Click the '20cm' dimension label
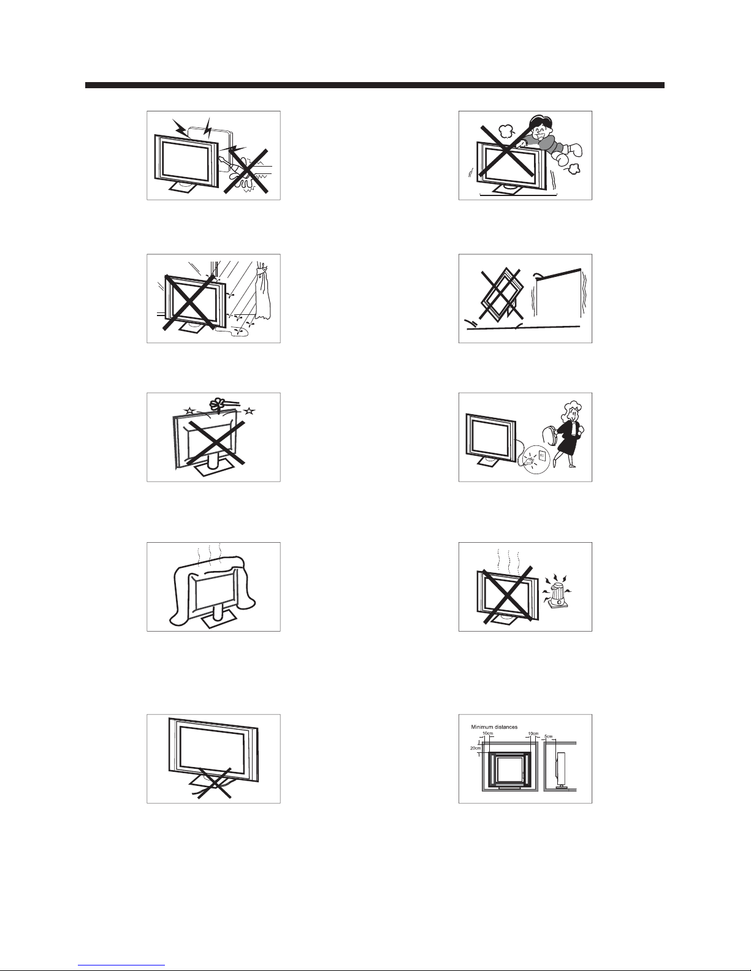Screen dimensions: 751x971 click(x=475, y=748)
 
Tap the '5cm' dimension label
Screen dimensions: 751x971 click(x=549, y=736)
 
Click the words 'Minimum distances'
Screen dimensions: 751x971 click(x=494, y=727)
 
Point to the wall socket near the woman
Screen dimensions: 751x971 click(x=541, y=456)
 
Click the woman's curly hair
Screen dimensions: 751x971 click(x=572, y=409)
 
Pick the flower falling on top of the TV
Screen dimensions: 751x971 click(x=217, y=404)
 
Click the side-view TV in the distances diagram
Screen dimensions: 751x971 click(x=560, y=769)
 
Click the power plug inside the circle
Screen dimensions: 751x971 click(x=529, y=460)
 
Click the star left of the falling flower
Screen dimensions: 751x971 click(x=189, y=410)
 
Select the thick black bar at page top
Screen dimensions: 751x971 click(x=375, y=85)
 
